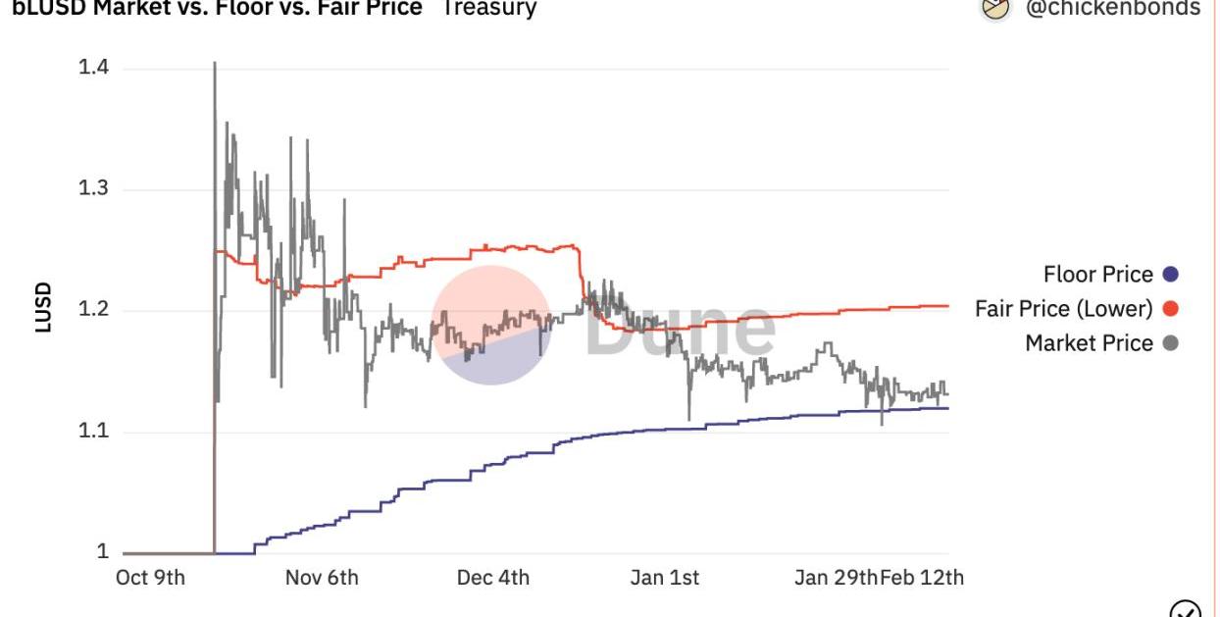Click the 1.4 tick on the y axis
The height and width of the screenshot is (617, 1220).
93,68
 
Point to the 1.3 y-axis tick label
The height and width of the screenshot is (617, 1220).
93,189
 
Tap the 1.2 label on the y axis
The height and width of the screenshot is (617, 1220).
93,311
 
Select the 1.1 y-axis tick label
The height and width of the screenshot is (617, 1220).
93,432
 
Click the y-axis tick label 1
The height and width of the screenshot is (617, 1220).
102,552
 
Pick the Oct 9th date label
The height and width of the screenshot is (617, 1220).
150,578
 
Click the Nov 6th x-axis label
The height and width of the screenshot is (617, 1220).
322,578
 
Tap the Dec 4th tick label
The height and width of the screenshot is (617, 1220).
493,578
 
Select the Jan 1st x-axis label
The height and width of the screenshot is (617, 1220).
665,578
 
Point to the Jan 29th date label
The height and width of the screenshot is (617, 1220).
836,578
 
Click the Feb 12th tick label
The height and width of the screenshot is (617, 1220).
922,578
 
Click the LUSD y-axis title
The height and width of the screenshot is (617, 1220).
43,308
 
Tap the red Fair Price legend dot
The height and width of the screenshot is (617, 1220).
1169,309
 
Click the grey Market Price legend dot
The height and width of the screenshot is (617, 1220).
1169,343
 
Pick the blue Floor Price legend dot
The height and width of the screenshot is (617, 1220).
1169,275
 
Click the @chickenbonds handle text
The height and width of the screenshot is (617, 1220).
1112,8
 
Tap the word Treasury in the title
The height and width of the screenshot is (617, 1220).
489,8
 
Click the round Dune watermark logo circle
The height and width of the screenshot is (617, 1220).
491,325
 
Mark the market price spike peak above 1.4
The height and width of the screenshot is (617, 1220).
215,64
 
